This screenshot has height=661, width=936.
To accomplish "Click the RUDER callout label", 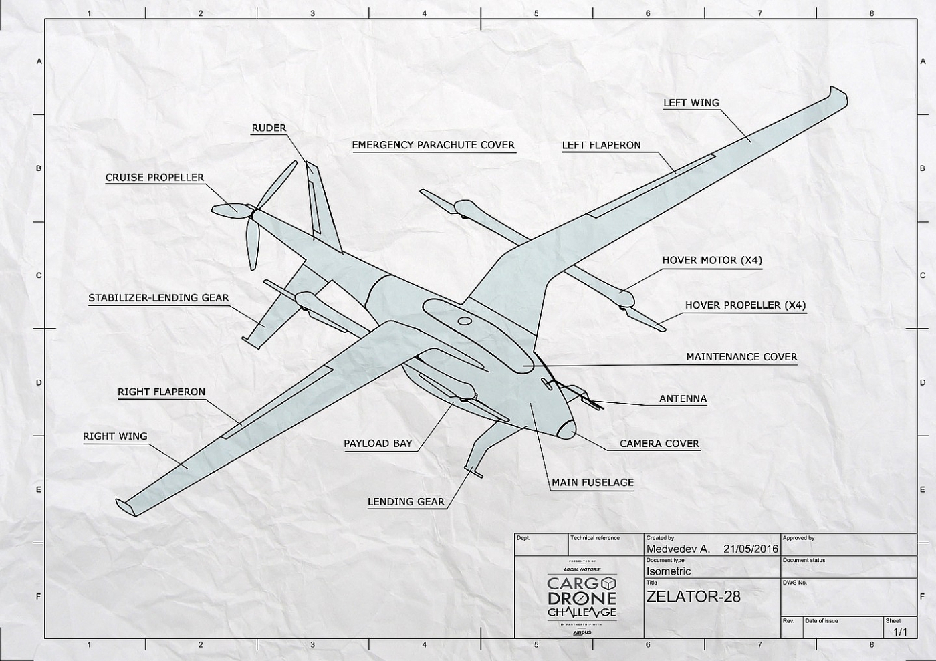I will point(269,128).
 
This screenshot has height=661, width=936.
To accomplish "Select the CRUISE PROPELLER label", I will point(154,178).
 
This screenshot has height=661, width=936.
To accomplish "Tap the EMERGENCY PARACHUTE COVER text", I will point(433,144).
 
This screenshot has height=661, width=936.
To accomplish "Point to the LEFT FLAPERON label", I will point(601,145).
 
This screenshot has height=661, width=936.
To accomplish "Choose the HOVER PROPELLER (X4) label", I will point(745,305).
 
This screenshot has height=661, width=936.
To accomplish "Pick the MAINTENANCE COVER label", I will point(741,357).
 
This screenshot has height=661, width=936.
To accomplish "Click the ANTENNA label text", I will point(683,399).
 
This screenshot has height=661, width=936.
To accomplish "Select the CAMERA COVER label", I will point(659,444).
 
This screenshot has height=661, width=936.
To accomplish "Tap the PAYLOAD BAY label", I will point(378,444).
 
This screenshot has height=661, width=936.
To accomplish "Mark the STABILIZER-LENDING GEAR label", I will point(158,298).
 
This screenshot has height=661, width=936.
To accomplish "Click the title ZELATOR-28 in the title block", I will point(693,596).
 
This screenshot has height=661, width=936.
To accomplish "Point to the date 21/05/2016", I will point(751,549).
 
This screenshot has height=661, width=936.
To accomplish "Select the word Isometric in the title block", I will point(669,571).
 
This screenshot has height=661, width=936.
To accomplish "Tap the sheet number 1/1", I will point(900,632).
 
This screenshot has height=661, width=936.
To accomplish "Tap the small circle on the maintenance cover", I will point(465,321).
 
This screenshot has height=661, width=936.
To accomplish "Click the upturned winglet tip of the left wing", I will point(838,94).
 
